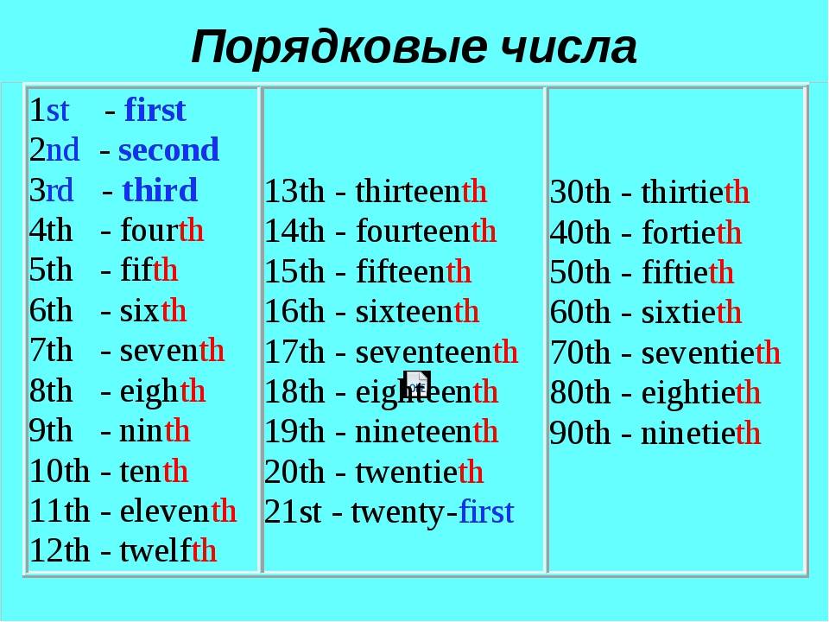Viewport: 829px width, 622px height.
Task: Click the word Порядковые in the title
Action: click(x=339, y=48)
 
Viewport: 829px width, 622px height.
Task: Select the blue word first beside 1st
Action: click(x=155, y=110)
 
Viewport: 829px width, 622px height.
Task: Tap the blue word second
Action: click(x=168, y=149)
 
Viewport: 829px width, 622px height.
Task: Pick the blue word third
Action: click(x=160, y=190)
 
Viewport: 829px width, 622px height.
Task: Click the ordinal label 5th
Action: click(x=51, y=270)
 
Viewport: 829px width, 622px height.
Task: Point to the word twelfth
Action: click(x=168, y=550)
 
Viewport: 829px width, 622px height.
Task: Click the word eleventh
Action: click(x=178, y=511)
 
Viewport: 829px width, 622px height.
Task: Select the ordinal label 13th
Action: click(x=294, y=191)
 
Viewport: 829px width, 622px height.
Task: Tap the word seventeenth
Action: click(x=437, y=352)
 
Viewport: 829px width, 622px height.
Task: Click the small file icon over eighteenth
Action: click(x=416, y=384)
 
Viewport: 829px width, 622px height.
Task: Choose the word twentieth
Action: click(x=420, y=472)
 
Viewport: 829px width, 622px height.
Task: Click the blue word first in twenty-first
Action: click(x=486, y=511)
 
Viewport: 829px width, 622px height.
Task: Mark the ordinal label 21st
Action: click(x=293, y=512)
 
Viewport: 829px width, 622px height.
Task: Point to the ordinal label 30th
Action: click(x=580, y=192)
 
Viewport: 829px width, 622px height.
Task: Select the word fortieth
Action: click(x=692, y=232)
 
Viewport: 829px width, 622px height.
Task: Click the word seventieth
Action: click(x=711, y=352)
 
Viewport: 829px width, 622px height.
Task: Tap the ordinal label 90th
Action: click(x=580, y=433)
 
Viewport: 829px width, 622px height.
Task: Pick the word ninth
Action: click(x=155, y=430)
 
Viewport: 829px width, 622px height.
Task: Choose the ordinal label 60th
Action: click(x=580, y=312)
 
